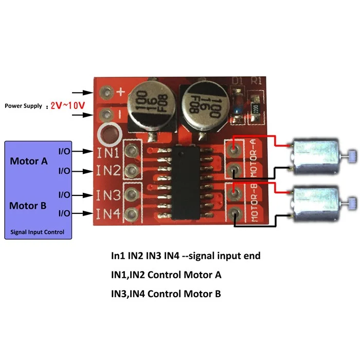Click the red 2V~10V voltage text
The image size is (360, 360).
(65, 105)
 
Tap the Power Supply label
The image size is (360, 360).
(24, 106)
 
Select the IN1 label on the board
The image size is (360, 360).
(108, 152)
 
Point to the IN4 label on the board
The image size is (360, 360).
(108, 212)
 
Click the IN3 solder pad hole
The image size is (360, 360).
(132, 194)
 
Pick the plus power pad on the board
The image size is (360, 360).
(107, 93)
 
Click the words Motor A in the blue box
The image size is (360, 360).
(29, 161)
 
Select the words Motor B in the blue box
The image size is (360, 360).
(29, 206)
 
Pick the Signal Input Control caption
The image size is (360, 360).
(38, 232)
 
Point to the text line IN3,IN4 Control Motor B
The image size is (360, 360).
(166, 294)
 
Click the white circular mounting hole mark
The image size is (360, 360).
(110, 135)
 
